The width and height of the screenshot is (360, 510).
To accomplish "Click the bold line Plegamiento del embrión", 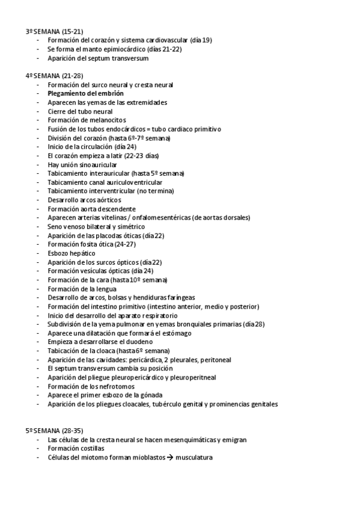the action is pyautogui.click(x=86, y=94).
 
